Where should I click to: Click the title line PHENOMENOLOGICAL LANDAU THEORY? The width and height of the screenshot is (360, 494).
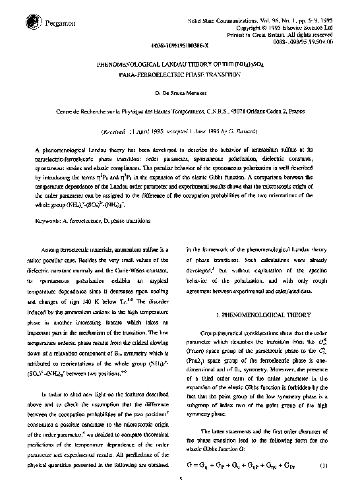[x=179, y=66]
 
